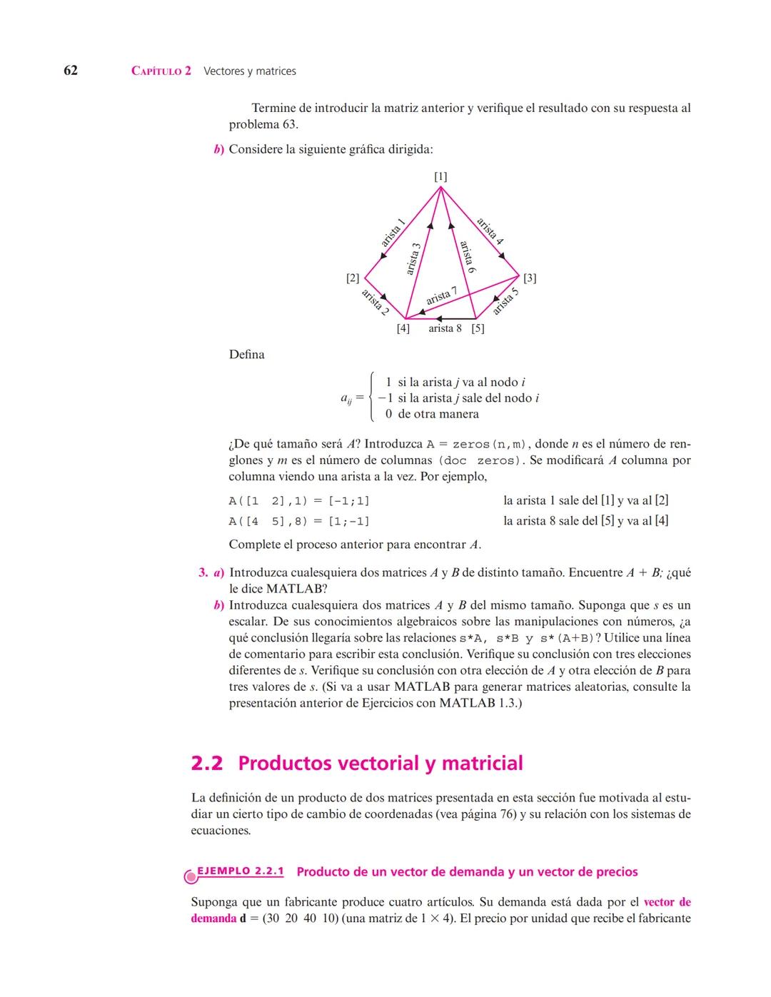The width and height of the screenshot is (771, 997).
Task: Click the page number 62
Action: pyautogui.click(x=71, y=70)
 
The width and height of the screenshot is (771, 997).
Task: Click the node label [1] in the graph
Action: pyautogui.click(x=440, y=176)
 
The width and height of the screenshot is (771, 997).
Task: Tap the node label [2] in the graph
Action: pyautogui.click(x=353, y=278)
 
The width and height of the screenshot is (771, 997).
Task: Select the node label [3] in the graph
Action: pyautogui.click(x=530, y=278)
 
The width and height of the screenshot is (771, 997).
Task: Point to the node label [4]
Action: pyautogui.click(x=403, y=329)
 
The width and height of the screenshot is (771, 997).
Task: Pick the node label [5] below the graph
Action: pyautogui.click(x=478, y=329)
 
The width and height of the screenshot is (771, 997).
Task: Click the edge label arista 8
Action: pyautogui.click(x=445, y=329)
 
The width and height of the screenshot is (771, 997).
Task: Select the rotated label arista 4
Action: pyautogui.click(x=490, y=231)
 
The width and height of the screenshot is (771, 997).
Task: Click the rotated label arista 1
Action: pyautogui.click(x=393, y=233)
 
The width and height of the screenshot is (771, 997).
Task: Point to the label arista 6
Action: pyautogui.click(x=468, y=257)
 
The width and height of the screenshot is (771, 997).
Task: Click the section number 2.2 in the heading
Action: pyautogui.click(x=207, y=764)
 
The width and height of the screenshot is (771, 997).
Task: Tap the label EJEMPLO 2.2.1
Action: pyautogui.click(x=240, y=871)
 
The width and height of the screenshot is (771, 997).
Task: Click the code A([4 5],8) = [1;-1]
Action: pyautogui.click(x=299, y=522)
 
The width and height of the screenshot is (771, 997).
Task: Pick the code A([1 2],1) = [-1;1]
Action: pyautogui.click(x=299, y=501)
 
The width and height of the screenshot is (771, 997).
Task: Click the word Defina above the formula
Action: pyautogui.click(x=246, y=355)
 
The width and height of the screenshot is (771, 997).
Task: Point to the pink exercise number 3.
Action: pyautogui.click(x=203, y=573)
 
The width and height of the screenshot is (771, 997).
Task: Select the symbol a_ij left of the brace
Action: pyautogui.click(x=346, y=398)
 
